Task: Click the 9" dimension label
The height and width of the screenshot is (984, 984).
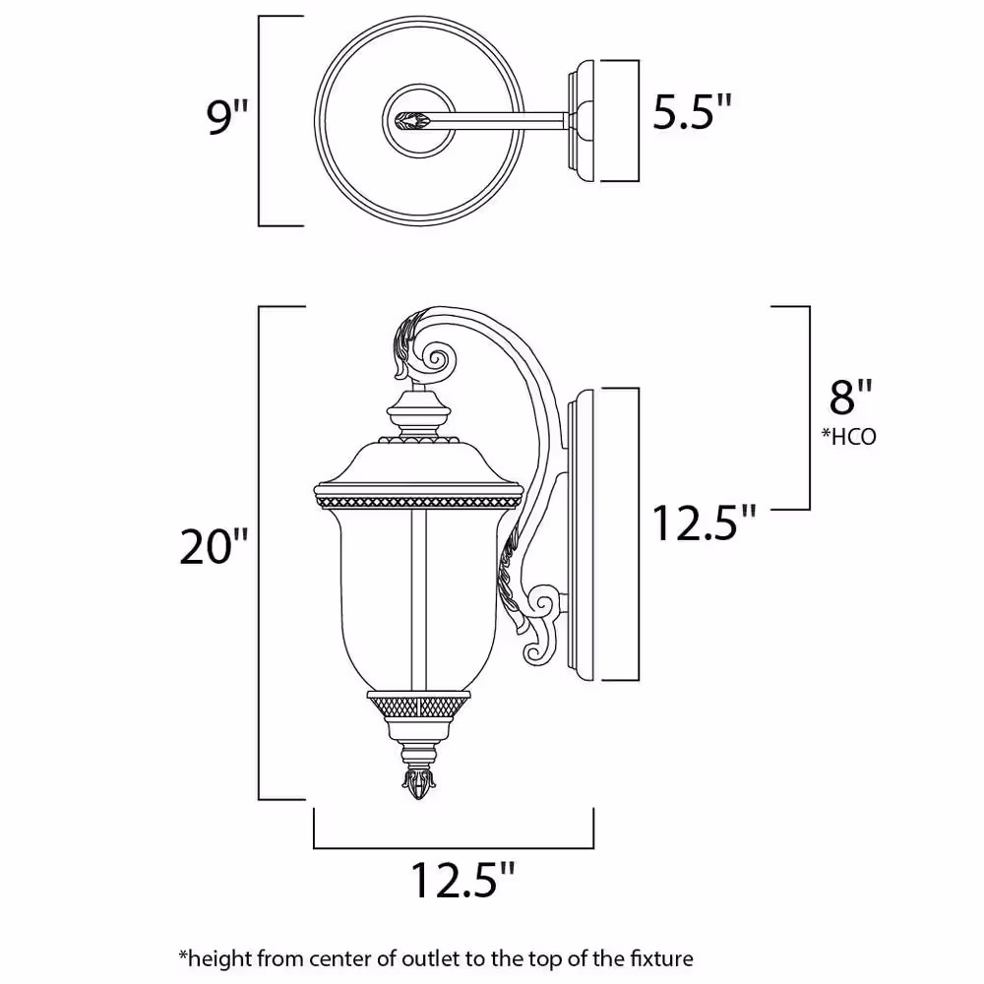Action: point(223,117)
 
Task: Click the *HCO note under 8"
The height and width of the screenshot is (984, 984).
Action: point(848,436)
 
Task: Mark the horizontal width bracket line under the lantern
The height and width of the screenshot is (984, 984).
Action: point(454,847)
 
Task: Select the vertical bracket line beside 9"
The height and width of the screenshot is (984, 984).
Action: point(259,120)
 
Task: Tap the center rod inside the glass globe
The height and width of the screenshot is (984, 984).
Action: point(424,590)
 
